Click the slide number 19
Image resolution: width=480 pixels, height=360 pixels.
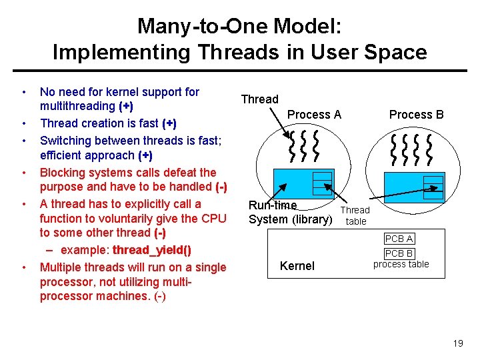[457, 343]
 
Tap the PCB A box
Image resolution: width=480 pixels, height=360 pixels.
[399, 239]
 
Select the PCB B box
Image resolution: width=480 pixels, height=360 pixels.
[399, 253]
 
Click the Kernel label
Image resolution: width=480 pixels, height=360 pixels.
[297, 266]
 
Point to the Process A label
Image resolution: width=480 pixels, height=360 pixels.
[314, 115]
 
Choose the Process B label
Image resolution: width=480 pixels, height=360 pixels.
[416, 115]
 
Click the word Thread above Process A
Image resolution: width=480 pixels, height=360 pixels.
[259, 99]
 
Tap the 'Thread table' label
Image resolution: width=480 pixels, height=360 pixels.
[355, 215]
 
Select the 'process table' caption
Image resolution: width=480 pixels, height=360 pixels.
[401, 264]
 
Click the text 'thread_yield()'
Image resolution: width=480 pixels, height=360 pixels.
[152, 250]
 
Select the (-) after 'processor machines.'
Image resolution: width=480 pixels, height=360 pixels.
[159, 297]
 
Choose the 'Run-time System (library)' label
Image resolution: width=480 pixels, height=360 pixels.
[290, 212]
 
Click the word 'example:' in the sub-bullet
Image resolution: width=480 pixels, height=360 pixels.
[85, 250]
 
